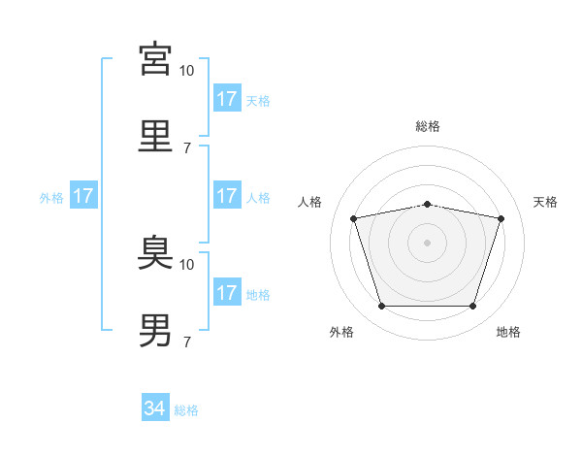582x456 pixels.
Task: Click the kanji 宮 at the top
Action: [155, 59]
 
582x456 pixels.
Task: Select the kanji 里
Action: [155, 136]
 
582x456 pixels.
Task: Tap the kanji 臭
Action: [155, 252]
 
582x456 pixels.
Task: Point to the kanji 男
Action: [155, 330]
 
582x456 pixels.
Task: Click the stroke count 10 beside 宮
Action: [186, 71]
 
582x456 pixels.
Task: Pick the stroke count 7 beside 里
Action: [187, 148]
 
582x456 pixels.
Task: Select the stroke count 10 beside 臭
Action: [186, 265]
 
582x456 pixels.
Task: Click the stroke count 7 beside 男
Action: [187, 342]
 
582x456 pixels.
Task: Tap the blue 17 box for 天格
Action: [227, 98]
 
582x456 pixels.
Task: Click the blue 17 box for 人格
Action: [227, 195]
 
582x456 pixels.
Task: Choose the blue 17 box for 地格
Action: [227, 291]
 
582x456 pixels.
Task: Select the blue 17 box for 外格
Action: [83, 195]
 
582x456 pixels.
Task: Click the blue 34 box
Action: [155, 407]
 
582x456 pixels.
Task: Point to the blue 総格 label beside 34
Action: [186, 410]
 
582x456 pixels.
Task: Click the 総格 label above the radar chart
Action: [428, 126]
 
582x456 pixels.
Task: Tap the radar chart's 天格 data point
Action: [501, 218]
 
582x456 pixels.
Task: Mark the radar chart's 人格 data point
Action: [354, 218]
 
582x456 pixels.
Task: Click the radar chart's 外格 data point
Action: [382, 306]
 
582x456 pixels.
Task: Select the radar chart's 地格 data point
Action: [472, 306]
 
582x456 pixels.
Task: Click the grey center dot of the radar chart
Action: [427, 243]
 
